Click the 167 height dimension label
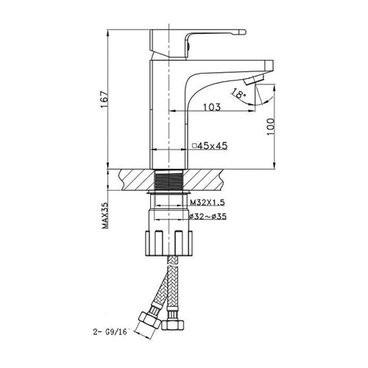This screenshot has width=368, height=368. pos(104,100)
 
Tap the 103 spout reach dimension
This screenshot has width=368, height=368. pos(212,107)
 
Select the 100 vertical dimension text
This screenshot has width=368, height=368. pos(270,127)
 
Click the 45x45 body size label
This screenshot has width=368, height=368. pos(212,146)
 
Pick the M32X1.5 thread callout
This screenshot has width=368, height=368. pos(207,202)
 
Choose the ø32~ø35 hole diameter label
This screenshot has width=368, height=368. pos(208,216)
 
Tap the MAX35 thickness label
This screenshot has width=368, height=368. pos(105,215)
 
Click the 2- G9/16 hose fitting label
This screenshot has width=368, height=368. pos(110,332)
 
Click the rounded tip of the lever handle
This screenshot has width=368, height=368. pos(242,32)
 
